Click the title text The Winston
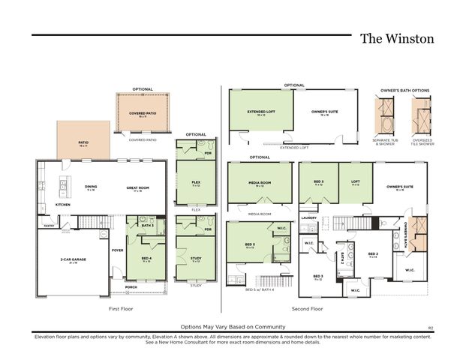click(x=396, y=37)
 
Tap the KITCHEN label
click(x=63, y=204)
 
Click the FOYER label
click(x=117, y=250)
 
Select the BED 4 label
click(x=146, y=259)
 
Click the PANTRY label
click(x=49, y=224)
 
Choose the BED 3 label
click(x=318, y=277)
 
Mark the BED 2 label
click(x=372, y=254)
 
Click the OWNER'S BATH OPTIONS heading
click(x=405, y=90)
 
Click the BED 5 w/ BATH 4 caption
click(x=261, y=289)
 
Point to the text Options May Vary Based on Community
click(x=232, y=327)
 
